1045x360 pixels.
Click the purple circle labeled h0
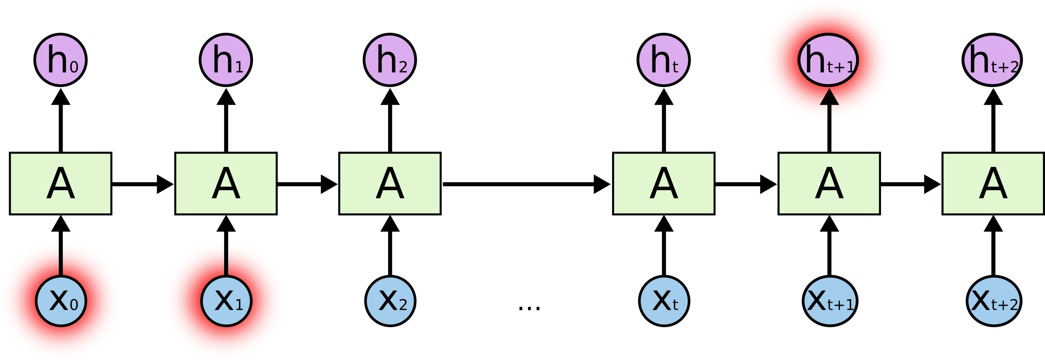tap(60, 60)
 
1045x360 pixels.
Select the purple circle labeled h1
tap(226, 60)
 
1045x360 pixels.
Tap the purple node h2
tap(390, 60)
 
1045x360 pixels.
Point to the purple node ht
tap(664, 60)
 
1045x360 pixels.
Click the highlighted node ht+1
tap(828, 60)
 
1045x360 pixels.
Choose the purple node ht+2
tap(992, 60)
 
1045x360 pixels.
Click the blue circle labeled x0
tap(61, 301)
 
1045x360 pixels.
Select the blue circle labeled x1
tap(226, 301)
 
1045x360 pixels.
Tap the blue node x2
tap(390, 301)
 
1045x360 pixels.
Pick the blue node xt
tap(664, 301)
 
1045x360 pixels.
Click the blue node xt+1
tap(830, 301)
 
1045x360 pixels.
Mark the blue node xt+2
tap(994, 301)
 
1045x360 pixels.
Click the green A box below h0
tap(60, 184)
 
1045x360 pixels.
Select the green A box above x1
tap(226, 184)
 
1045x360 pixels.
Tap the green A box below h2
tap(390, 184)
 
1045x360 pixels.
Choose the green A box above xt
tap(664, 184)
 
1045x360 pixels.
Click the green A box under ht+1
tap(829, 184)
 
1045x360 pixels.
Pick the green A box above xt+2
tap(993, 184)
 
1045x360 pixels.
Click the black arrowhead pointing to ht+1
tap(829, 98)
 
